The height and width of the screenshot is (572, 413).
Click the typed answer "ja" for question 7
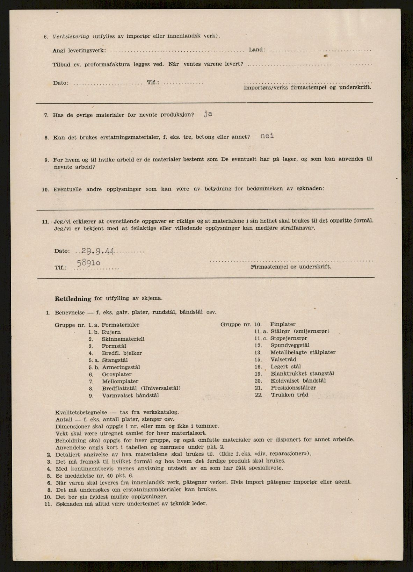pyautogui.click(x=208, y=114)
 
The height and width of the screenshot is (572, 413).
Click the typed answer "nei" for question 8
pyautogui.click(x=267, y=136)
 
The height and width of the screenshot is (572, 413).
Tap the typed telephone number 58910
pyautogui.click(x=89, y=262)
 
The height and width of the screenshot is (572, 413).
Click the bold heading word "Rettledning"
pyautogui.click(x=73, y=299)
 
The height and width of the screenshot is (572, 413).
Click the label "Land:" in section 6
pyautogui.click(x=257, y=50)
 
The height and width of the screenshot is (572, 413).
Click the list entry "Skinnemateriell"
pyautogui.click(x=123, y=339)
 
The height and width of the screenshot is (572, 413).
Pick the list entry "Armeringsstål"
pyautogui.click(x=121, y=367)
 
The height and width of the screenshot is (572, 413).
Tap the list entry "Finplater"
pyautogui.click(x=283, y=324)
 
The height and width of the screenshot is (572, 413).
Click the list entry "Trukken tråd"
pyautogui.click(x=289, y=395)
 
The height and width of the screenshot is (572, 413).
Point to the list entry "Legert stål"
pyautogui.click(x=285, y=367)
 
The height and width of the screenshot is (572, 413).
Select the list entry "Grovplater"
pyautogui.click(x=116, y=374)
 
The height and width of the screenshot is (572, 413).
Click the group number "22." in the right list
pyautogui.click(x=258, y=395)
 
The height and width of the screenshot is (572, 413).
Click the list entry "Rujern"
pyautogui.click(x=111, y=332)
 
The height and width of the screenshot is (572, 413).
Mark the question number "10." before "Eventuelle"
pyautogui.click(x=45, y=190)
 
